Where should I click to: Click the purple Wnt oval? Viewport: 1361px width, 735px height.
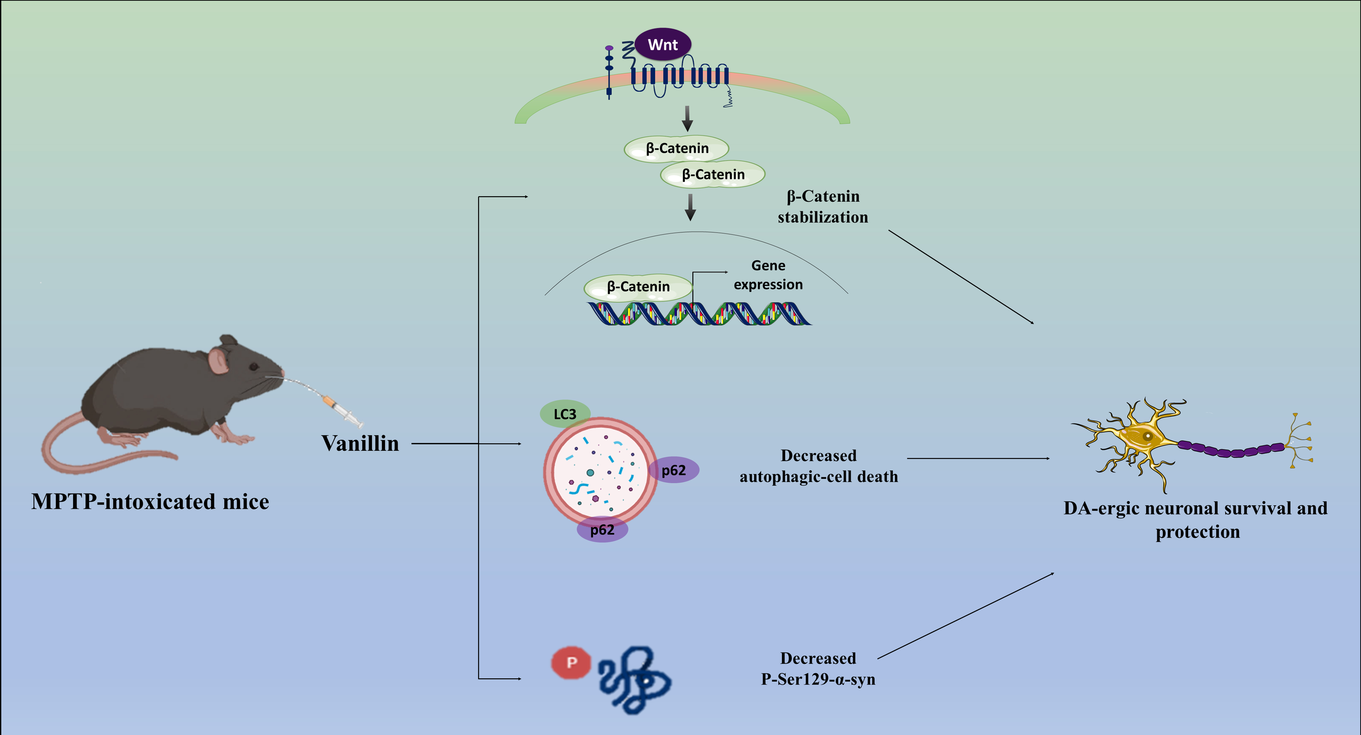coord(663,44)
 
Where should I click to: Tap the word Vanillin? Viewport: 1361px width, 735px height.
coord(360,444)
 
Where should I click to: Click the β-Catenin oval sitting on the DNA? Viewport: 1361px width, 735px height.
coord(638,287)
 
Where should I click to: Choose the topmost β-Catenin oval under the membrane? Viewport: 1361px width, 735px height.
coord(677,148)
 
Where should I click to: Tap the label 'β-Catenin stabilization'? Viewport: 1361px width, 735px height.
coord(823,207)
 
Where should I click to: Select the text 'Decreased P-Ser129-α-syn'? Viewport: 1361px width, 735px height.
coord(818,669)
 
